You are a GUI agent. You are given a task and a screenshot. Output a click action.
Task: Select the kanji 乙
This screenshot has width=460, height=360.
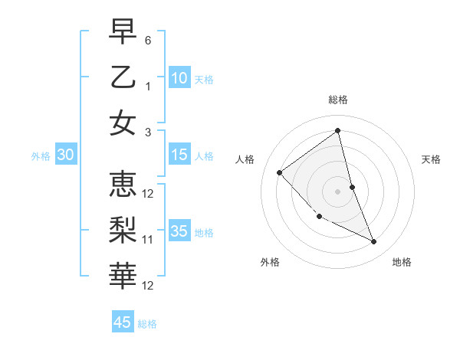pyautogui.click(x=123, y=77)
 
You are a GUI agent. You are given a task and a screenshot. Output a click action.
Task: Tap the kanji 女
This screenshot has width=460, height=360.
pyautogui.click(x=123, y=123)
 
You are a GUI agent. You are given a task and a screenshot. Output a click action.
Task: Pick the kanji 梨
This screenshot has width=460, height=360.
pyautogui.click(x=123, y=231)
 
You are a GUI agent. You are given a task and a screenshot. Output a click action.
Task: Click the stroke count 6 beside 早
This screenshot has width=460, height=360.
pyautogui.click(x=148, y=39)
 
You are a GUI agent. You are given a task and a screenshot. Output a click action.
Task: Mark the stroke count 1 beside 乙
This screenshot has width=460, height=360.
pyautogui.click(x=148, y=86)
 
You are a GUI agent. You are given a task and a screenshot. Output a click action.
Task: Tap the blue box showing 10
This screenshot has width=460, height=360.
pyautogui.click(x=179, y=78)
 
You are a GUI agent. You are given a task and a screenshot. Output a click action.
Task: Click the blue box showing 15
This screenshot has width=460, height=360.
pyautogui.click(x=179, y=155)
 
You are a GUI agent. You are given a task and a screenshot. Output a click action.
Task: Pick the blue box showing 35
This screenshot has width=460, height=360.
pyautogui.click(x=179, y=231)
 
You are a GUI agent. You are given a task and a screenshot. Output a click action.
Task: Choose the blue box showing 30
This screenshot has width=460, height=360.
pyautogui.click(x=66, y=155)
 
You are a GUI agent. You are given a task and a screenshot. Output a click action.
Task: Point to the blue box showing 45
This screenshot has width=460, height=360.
pyautogui.click(x=123, y=322)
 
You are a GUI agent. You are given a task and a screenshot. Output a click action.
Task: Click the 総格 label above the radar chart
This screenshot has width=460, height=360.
pyautogui.click(x=338, y=100)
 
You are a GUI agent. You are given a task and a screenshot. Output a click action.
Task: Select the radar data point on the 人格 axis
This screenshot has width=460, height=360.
pyautogui.click(x=280, y=172)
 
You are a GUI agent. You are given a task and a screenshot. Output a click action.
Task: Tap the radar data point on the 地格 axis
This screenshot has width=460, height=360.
pyautogui.click(x=374, y=242)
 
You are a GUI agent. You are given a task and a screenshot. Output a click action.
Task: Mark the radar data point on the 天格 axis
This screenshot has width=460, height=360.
pyautogui.click(x=353, y=187)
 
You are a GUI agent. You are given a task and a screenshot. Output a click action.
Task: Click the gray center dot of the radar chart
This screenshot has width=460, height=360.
pyautogui.click(x=338, y=191)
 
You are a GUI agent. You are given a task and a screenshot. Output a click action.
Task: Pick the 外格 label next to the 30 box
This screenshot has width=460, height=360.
pyautogui.click(x=41, y=156)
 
